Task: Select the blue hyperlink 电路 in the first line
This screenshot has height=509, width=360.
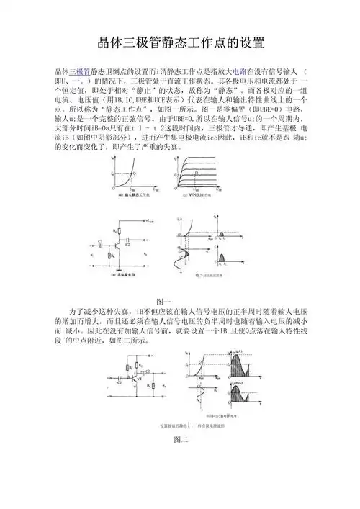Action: point(261,73)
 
